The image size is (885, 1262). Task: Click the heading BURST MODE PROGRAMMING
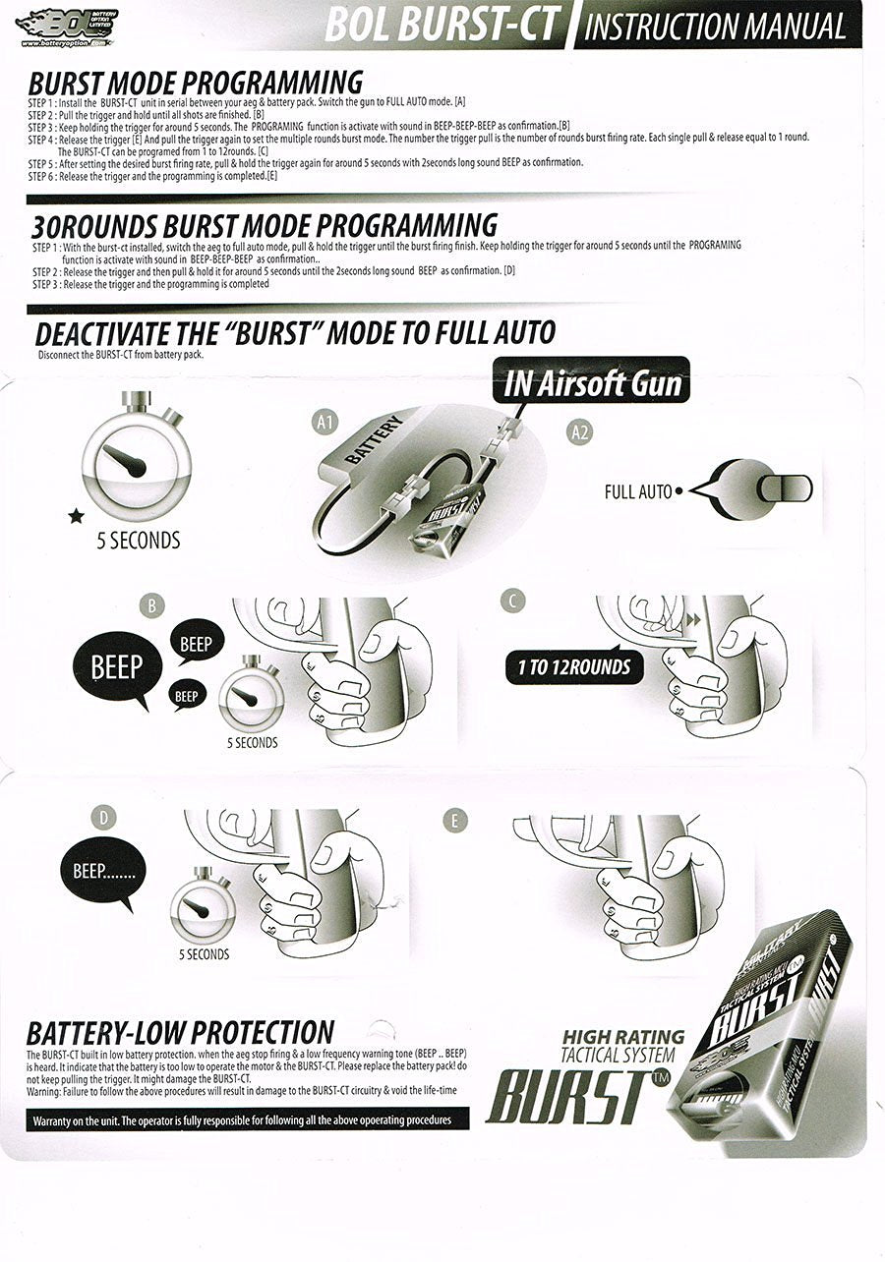[195, 83]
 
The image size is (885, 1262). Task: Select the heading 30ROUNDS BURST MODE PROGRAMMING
[265, 225]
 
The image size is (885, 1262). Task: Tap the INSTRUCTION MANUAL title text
[715, 27]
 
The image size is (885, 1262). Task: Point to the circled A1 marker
[325, 424]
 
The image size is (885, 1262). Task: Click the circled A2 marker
[580, 430]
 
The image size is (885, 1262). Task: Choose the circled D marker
[101, 817]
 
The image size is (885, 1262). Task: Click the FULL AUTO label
[638, 490]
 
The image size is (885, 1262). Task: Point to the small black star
[76, 516]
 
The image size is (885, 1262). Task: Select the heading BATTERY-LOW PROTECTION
[180, 1032]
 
